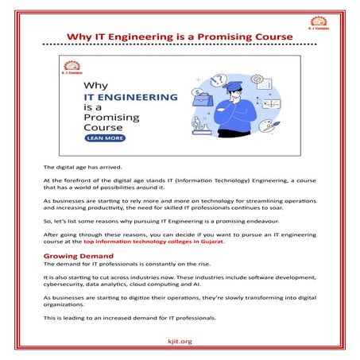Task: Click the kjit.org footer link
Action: (180, 341)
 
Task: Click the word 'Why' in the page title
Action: (78, 36)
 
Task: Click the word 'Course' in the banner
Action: (102, 126)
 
